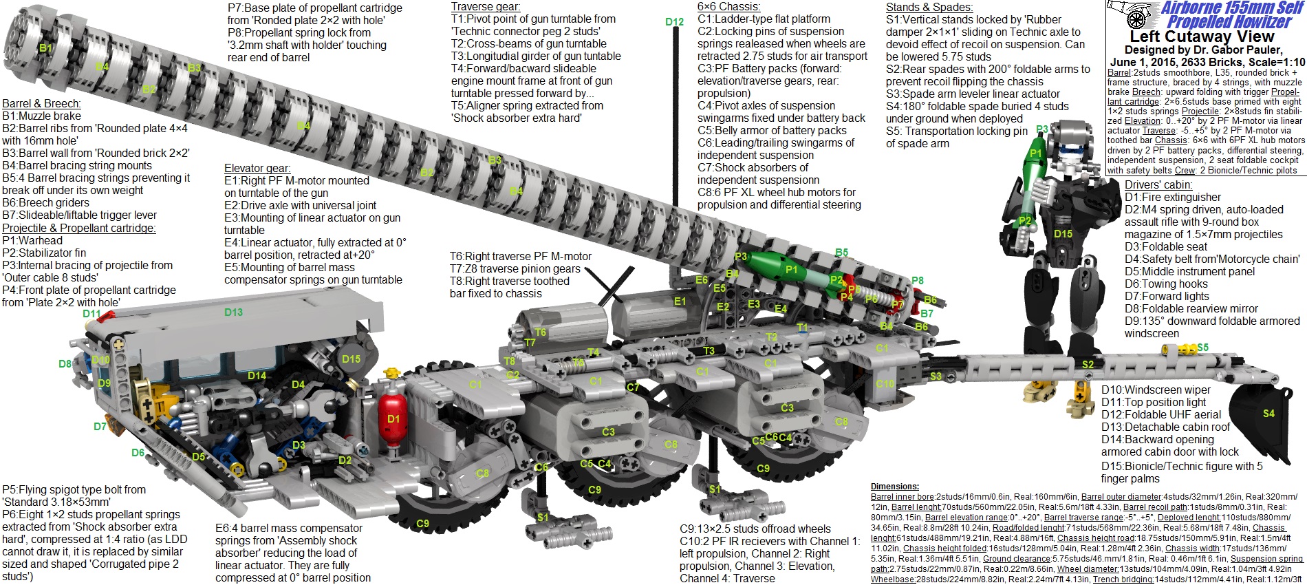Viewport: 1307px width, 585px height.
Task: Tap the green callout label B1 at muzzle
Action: click(45, 48)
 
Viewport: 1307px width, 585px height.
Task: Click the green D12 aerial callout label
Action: click(674, 22)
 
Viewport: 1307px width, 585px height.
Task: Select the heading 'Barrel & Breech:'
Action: click(41, 104)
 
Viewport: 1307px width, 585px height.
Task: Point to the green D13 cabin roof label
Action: click(233, 312)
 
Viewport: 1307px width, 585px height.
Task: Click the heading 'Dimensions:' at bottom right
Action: click(894, 487)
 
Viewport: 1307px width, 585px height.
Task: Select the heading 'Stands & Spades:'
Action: click(929, 7)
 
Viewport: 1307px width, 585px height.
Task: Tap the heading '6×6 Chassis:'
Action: click(728, 7)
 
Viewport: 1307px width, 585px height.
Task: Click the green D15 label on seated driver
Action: click(351, 359)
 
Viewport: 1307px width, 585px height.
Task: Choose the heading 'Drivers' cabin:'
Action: click(1158, 184)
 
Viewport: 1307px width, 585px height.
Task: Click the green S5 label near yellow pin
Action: click(1202, 348)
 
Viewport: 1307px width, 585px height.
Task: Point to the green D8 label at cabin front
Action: click(65, 364)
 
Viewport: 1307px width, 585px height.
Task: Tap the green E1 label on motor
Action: click(680, 301)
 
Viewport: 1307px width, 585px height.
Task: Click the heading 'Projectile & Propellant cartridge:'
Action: click(78, 228)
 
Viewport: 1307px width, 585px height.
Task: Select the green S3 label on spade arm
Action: click(936, 376)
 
